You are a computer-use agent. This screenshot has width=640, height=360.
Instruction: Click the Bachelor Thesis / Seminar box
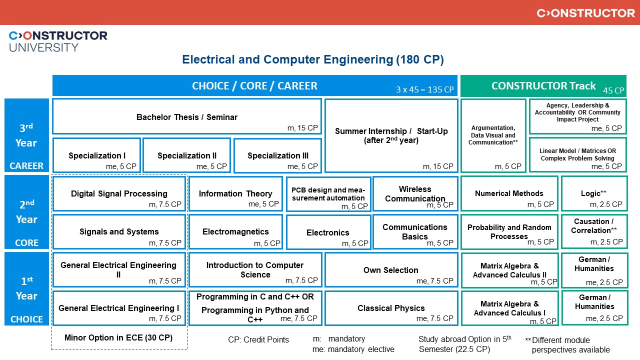pyautogui.click(x=187, y=116)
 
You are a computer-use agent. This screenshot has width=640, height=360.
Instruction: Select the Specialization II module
pyautogui.click(x=187, y=155)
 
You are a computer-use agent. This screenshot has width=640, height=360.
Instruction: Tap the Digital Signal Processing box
pyautogui.click(x=119, y=193)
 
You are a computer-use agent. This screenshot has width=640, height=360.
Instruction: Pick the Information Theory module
pyautogui.click(x=235, y=193)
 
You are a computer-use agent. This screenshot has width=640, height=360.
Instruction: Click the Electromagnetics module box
pyautogui.click(x=235, y=231)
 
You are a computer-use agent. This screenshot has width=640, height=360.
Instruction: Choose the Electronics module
pyautogui.click(x=328, y=232)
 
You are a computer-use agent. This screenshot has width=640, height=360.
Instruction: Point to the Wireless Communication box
pyautogui.click(x=415, y=193)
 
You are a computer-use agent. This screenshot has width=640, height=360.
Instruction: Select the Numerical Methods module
pyautogui.click(x=509, y=193)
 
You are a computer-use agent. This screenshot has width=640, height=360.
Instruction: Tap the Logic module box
pyautogui.click(x=594, y=193)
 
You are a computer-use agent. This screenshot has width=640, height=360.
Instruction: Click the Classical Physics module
pyautogui.click(x=391, y=308)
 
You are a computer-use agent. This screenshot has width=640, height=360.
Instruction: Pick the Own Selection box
pyautogui.click(x=391, y=270)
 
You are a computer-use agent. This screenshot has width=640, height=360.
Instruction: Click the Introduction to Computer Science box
pyautogui.click(x=255, y=270)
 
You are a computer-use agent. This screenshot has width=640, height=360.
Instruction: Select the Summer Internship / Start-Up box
pyautogui.click(x=391, y=135)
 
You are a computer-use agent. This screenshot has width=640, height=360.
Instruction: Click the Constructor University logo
pyautogui.click(x=58, y=41)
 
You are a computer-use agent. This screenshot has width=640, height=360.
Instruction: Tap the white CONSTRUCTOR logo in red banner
pyautogui.click(x=585, y=13)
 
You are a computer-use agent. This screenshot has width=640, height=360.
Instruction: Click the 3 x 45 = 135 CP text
pyautogui.click(x=424, y=89)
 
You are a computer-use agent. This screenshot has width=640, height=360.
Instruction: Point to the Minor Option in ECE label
pyautogui.click(x=118, y=337)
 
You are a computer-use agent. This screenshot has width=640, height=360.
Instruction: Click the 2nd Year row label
pyautogui.click(x=26, y=212)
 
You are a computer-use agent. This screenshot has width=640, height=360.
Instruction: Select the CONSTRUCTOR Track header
pyautogui.click(x=543, y=85)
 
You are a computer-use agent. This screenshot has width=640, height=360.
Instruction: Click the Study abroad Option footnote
pyautogui.click(x=464, y=344)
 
